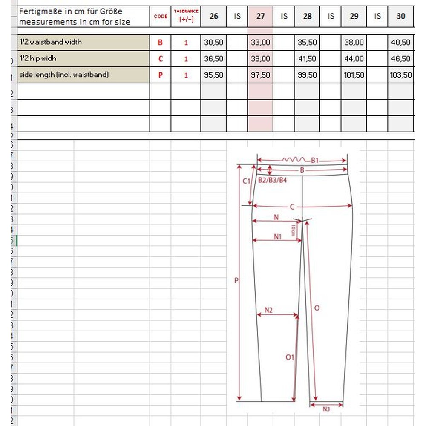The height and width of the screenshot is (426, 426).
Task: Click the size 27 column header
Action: [260, 16]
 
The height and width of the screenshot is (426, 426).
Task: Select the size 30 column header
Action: [400, 16]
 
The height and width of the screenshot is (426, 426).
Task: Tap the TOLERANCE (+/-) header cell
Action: [186, 16]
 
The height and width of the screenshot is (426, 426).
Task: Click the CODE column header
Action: [161, 17]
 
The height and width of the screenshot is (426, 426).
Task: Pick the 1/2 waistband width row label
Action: [50, 42]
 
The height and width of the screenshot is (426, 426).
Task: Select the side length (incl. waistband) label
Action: [64, 75]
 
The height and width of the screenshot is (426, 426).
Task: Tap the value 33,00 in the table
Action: [260, 43]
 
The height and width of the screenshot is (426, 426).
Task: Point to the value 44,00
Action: [354, 59]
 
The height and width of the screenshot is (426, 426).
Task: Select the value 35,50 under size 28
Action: [307, 43]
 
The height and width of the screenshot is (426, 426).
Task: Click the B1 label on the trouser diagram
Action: [315, 160]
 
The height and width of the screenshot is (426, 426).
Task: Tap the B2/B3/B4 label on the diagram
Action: [273, 180]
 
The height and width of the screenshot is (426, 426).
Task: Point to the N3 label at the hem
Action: [326, 409]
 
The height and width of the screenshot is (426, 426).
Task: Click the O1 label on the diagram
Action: [290, 357]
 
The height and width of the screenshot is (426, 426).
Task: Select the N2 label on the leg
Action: [268, 310]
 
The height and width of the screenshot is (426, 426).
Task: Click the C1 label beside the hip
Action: [246, 181]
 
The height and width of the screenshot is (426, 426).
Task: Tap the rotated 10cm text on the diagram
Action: [293, 230]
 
